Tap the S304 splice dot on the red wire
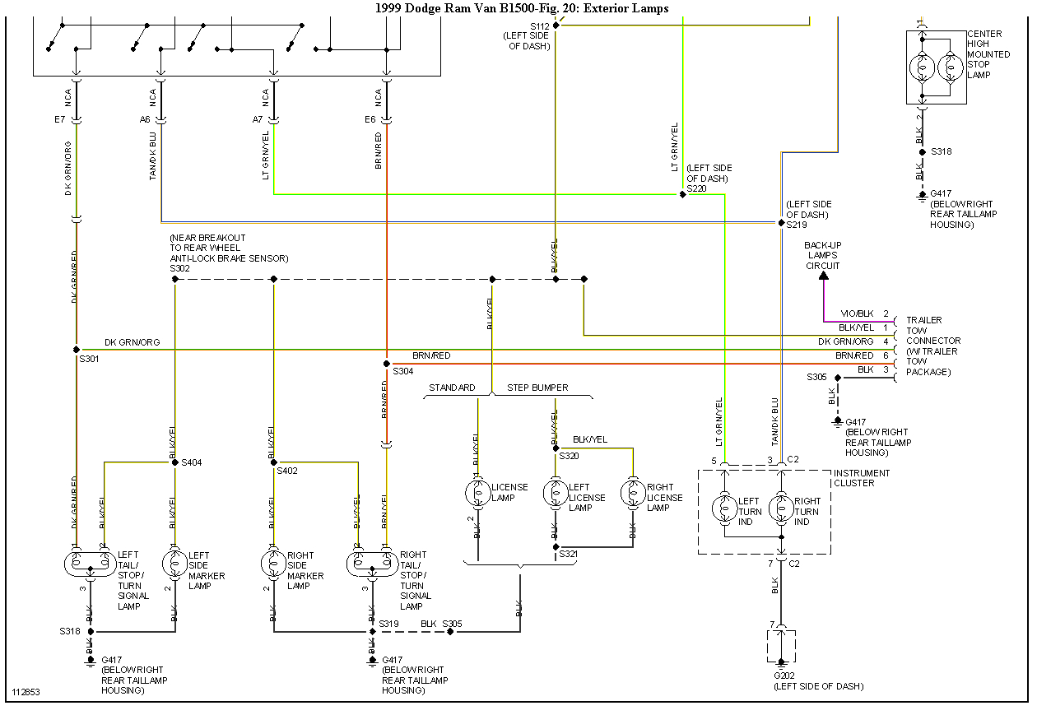coord(386,363)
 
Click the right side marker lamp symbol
coord(273,564)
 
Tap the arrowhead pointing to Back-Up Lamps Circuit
coord(824,276)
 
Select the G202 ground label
coord(784,676)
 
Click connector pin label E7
coord(60,119)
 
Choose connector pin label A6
coord(145,119)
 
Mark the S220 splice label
coord(696,188)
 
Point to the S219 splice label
coord(796,225)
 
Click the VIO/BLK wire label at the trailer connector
coord(856,314)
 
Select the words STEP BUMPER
coord(537,388)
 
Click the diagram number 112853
coord(26,692)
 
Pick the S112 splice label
coord(539,26)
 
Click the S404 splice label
coord(191,463)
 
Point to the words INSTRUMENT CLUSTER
coord(862,478)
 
